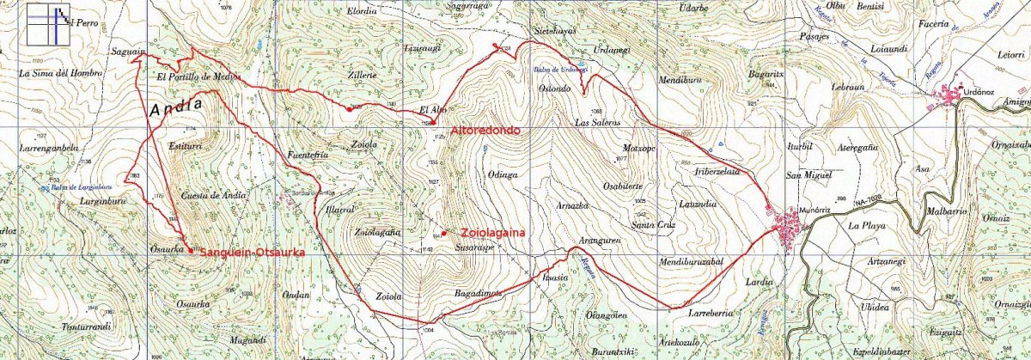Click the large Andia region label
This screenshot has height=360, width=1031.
(176, 107)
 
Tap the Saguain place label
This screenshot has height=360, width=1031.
(126, 52)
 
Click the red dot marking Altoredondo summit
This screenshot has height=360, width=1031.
(433, 122)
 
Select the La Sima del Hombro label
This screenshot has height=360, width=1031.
(60, 74)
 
